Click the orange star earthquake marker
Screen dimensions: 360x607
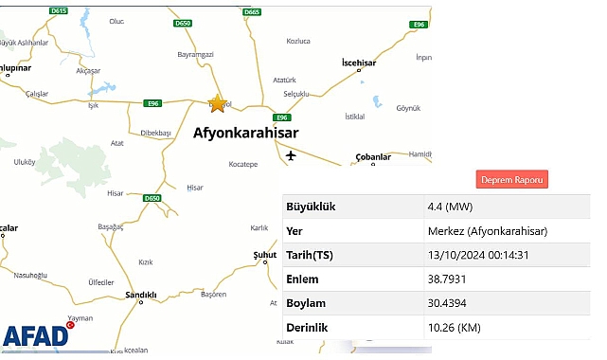[218, 103]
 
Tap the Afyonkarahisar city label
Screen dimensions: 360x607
[245, 134]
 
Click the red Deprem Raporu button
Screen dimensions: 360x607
[512, 179]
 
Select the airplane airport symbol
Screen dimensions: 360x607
[290, 155]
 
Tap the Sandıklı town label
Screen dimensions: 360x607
[141, 296]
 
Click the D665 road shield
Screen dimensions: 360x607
[252, 12]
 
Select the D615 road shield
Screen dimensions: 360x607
[59, 10]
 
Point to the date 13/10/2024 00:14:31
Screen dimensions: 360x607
[479, 256]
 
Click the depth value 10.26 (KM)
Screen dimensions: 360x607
[458, 328]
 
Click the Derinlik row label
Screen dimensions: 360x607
[307, 328]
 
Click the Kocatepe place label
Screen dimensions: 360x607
[242, 164]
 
